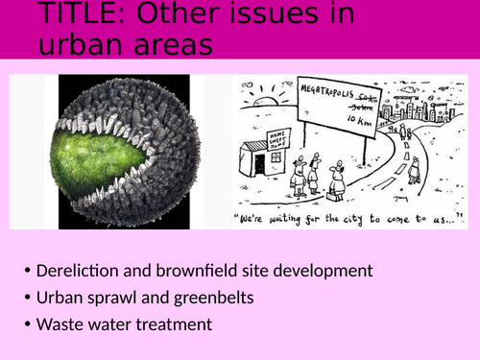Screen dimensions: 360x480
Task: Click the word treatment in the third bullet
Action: pyautogui.click(x=172, y=324)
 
